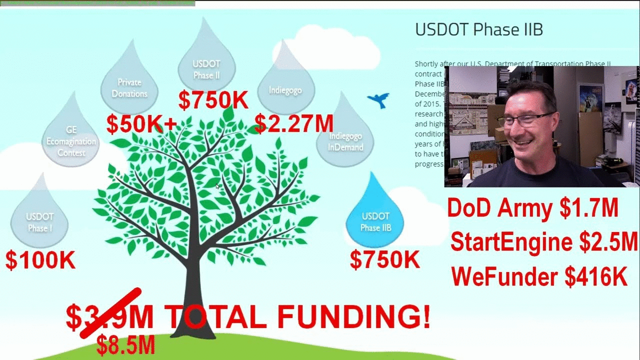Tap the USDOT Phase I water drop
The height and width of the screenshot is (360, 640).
[x=39, y=220]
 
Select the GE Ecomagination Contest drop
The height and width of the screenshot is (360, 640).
[x=71, y=137]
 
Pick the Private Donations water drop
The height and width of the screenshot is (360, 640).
[x=129, y=85]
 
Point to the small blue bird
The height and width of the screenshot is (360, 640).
[x=378, y=100]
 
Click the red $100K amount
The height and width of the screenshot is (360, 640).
[x=40, y=260]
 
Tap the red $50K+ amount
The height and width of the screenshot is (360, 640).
[x=141, y=124]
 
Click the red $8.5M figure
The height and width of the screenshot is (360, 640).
[x=125, y=345]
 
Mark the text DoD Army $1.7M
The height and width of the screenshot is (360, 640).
[x=532, y=208]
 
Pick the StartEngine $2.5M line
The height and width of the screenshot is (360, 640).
[x=544, y=242]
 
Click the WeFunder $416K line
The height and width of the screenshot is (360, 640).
[x=539, y=276]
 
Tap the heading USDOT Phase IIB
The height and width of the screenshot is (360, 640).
[x=478, y=29]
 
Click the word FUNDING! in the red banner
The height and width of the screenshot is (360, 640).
[x=353, y=316]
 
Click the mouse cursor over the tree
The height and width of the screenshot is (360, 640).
[x=217, y=186]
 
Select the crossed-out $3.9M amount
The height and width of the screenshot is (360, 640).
[x=109, y=316]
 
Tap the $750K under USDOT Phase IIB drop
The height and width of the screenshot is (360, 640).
[x=384, y=260]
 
